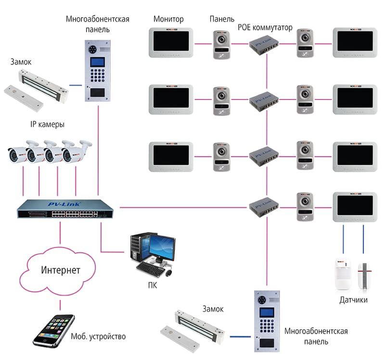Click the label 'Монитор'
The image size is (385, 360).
(x=168, y=19)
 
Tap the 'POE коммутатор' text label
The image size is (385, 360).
(x=265, y=27)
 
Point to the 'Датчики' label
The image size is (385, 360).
(x=353, y=300)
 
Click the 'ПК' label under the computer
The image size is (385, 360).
(x=153, y=285)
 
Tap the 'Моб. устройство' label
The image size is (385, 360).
(x=98, y=336)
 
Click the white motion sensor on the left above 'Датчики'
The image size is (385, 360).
(x=343, y=273)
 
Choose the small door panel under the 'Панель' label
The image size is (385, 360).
(x=220, y=45)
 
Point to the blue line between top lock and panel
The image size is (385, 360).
(x=75, y=85)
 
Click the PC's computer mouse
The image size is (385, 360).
(x=169, y=273)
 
